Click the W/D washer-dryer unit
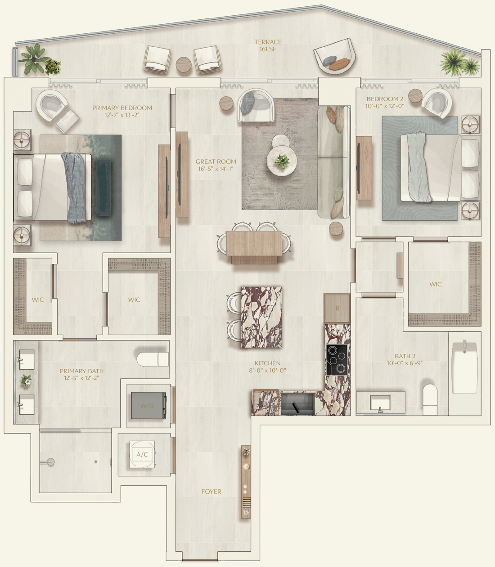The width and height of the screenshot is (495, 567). point(148,406)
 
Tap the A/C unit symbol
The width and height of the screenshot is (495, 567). point(142,455)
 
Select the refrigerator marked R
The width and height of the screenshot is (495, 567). point(337,308)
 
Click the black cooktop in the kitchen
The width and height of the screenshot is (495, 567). point(337,359)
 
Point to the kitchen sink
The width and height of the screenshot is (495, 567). point(297,403)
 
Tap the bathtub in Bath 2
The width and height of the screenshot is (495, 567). point(465,368)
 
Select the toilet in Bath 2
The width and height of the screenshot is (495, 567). point(430,400)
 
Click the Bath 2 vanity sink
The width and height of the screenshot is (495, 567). point(380,403)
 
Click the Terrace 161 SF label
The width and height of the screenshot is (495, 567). point(268,45)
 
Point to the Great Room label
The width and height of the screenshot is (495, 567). point(216,161)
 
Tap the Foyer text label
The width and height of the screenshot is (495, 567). point(211,491)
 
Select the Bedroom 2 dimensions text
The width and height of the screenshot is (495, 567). point(385,106)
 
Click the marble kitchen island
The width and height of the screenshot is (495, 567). point(261,317)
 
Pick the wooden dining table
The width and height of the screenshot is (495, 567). point(254,246)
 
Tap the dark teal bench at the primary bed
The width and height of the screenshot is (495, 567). point(103,188)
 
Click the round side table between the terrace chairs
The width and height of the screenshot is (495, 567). point(184,65)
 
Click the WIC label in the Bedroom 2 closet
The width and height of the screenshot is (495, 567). point(435,284)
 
